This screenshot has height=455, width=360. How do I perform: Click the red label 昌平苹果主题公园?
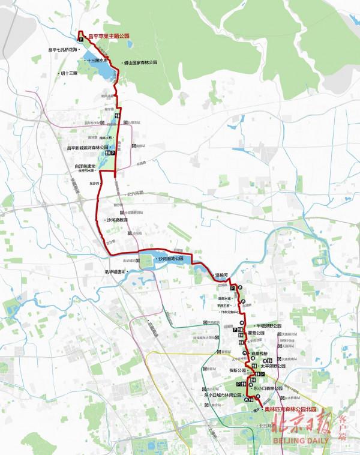(x=109, y=36)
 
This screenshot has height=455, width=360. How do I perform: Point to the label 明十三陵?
(x=69, y=73)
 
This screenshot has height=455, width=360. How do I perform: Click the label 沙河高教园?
(x=116, y=220)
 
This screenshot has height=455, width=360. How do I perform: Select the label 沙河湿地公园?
(x=169, y=259)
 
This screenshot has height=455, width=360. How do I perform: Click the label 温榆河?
(x=224, y=276)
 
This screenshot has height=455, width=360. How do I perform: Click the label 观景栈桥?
(x=262, y=354)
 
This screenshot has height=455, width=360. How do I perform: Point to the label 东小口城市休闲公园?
(x=223, y=395)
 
